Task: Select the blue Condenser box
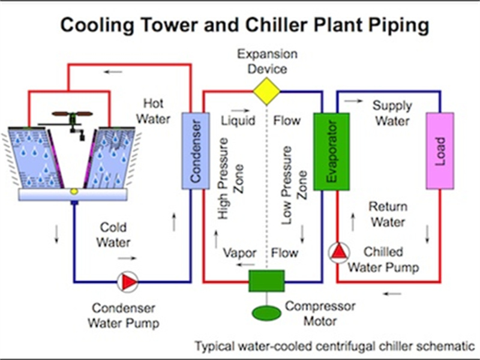[x=194, y=149]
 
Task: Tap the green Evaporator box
[x=328, y=150]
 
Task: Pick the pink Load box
[x=440, y=150]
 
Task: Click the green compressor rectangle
[x=266, y=281]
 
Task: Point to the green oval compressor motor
[x=266, y=313]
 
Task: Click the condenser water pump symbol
[x=127, y=281]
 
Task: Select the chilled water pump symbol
[x=337, y=252]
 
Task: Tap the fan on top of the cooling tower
[x=72, y=113]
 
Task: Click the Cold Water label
[x=114, y=235]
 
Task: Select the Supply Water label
[x=392, y=113]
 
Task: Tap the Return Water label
[x=388, y=214]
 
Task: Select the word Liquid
[x=238, y=121]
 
